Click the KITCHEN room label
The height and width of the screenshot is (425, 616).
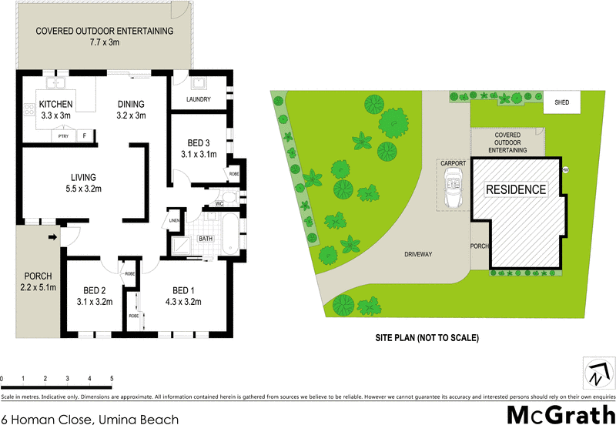pos(56,105)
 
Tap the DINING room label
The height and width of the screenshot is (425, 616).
pos(131,105)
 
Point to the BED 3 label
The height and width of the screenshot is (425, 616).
pos(199,143)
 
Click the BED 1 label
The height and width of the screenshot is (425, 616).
pos(182,290)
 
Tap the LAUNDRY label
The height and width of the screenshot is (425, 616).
pos(199,99)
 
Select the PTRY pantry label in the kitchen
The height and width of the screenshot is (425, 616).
pos(63,136)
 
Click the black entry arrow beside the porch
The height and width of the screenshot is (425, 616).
pos(52,237)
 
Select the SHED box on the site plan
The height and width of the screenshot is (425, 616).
pos(562,103)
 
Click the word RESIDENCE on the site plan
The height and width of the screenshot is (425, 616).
pos(515,189)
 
